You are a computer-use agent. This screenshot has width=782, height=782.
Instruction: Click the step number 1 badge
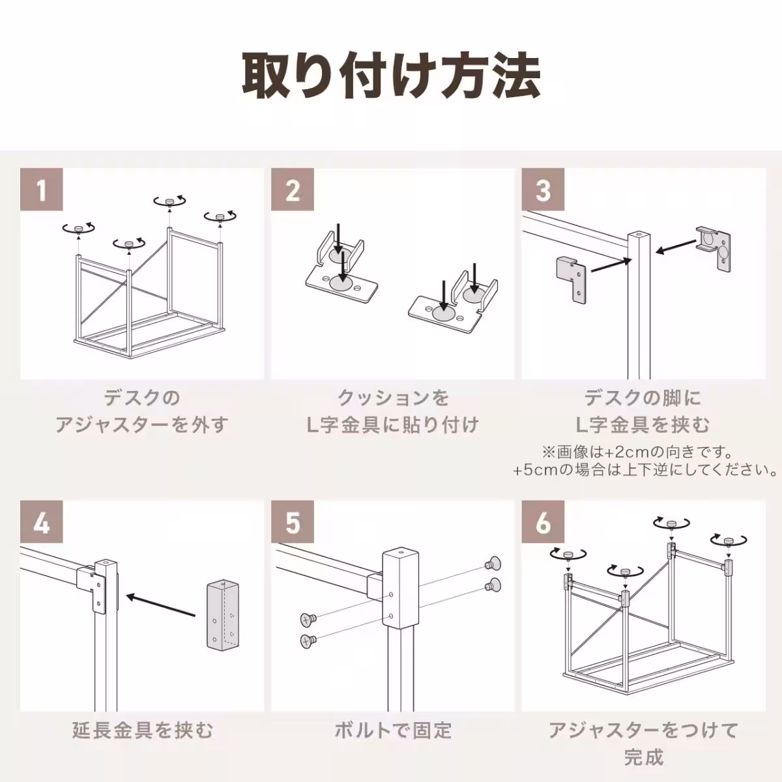tap(42, 190)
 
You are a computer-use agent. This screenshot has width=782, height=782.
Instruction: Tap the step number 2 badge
tap(293, 190)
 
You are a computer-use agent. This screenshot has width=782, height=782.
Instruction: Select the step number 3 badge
tap(543, 190)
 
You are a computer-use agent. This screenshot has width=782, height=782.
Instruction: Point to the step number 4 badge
tap(42, 522)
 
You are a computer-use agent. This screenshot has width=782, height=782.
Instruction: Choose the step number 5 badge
tap(293, 522)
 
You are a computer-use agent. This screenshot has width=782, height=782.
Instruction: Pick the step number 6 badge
tap(543, 522)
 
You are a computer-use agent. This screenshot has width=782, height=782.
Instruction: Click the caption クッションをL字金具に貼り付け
tap(392, 411)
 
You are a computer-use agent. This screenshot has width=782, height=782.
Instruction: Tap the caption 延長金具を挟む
tap(142, 730)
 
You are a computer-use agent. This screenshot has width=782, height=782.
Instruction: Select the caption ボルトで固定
tap(392, 730)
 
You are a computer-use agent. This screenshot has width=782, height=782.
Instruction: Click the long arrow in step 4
tap(160, 605)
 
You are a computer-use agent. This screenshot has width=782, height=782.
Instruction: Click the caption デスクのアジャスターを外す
tap(142, 411)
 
